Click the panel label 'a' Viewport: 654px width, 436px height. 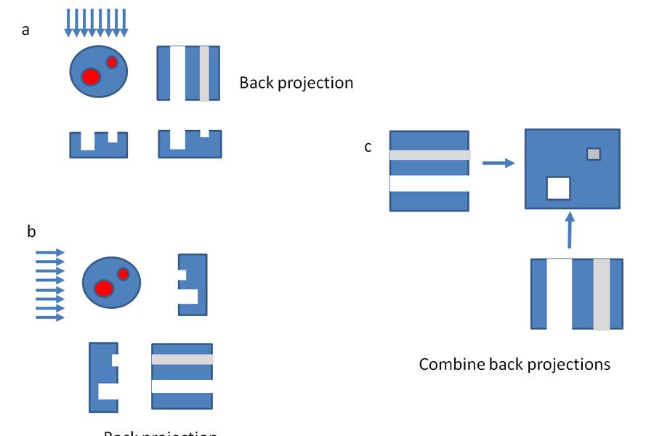click(26, 31)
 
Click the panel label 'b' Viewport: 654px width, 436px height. click(31, 232)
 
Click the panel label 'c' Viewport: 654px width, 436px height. click(368, 147)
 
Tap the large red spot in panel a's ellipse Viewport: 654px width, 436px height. click(90, 76)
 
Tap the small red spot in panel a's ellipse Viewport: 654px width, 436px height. click(112, 62)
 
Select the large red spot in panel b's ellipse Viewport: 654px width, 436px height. click(104, 288)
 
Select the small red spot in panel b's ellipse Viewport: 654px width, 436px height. click(124, 274)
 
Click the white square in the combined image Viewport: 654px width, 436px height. click(558, 188)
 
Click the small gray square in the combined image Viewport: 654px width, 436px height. click(594, 154)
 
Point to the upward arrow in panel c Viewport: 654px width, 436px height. click(570, 230)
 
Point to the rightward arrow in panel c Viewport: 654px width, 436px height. click(498, 163)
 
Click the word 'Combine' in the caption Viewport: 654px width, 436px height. click(450, 363)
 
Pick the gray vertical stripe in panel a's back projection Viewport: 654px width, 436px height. click(204, 73)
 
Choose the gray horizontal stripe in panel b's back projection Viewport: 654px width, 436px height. click(182, 360)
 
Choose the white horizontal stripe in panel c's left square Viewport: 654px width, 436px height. click(429, 184)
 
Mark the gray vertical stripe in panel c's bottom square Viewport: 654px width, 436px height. click(601, 294)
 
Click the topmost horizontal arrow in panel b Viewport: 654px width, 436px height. click(49, 253)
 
